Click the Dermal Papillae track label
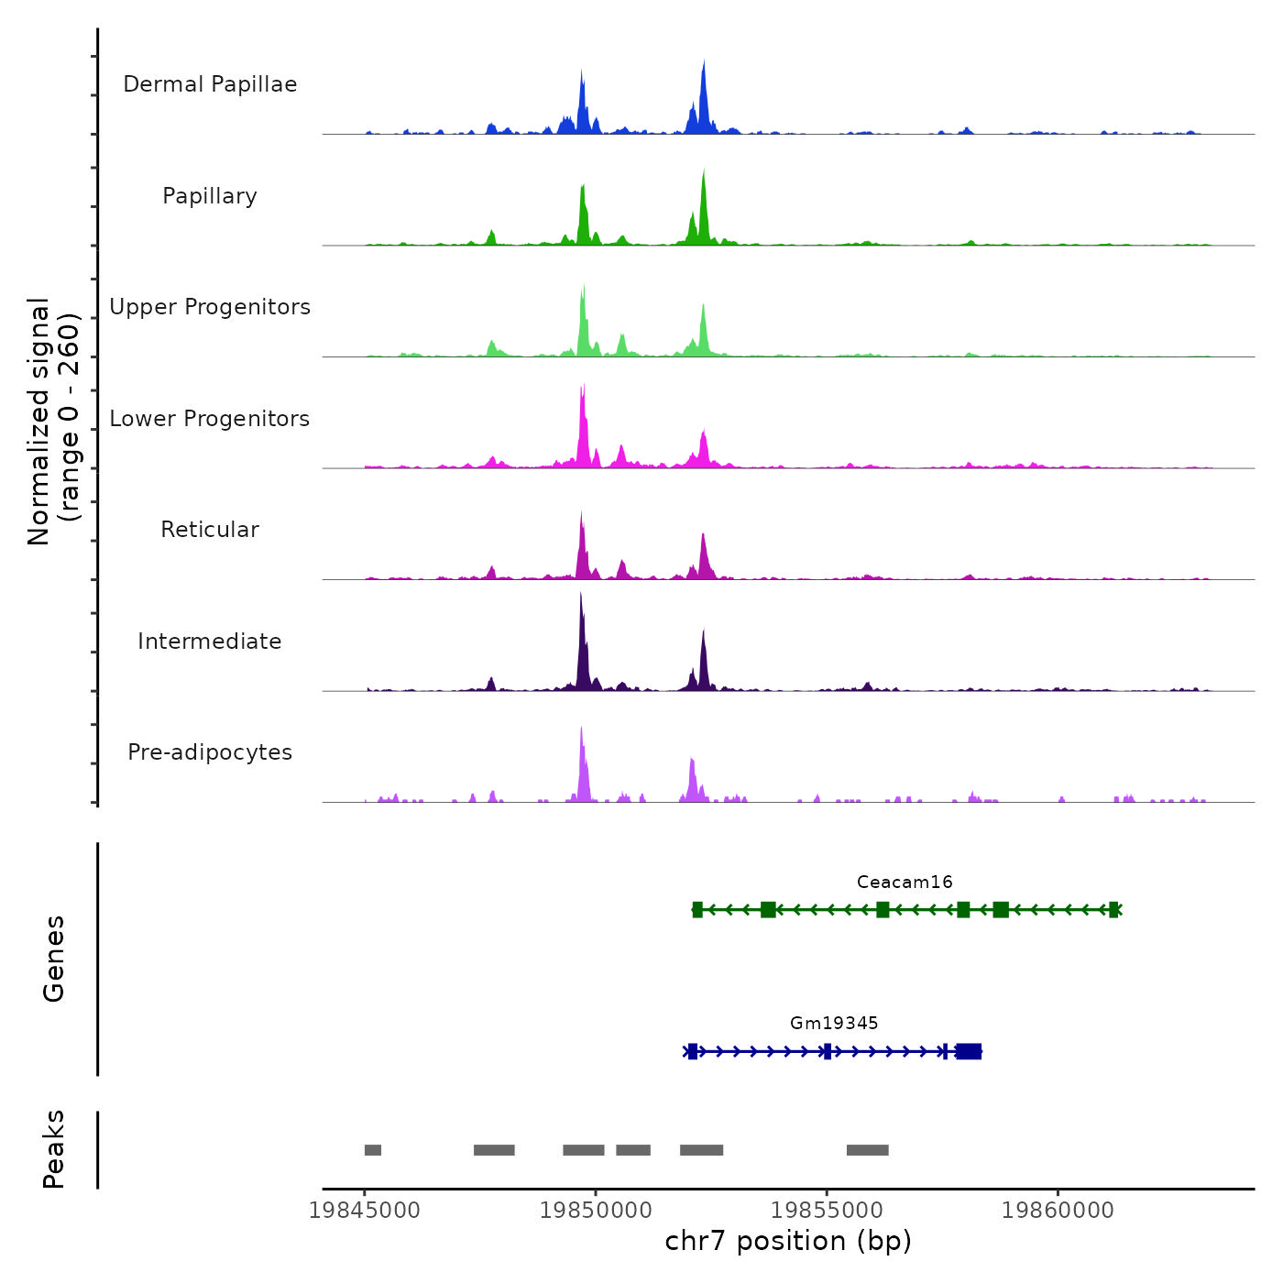tap(210, 84)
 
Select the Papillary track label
tap(210, 196)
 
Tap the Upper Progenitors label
tap(210, 307)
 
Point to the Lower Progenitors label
tap(210, 419)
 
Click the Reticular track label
tap(210, 530)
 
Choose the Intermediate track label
tap(210, 641)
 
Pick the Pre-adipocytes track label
tap(210, 752)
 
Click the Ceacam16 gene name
tap(905, 882)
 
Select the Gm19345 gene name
tap(834, 1023)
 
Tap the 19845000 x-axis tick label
tap(365, 1210)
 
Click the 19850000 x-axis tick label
tap(596, 1210)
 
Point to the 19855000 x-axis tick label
tap(827, 1210)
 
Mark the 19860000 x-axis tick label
tap(1058, 1210)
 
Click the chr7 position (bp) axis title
tap(788, 1241)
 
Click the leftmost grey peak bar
tap(373, 1150)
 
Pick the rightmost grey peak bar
tap(867, 1150)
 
